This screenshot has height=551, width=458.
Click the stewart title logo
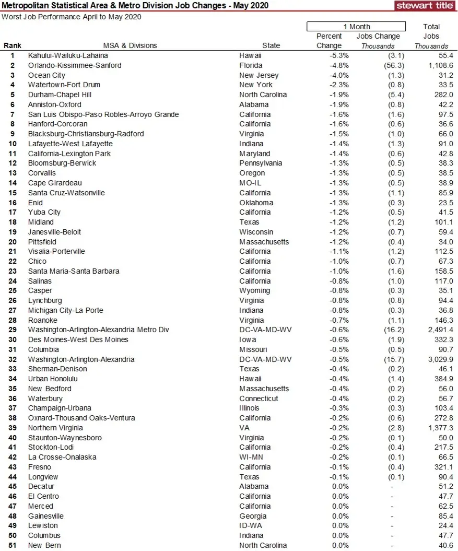[x=424, y=6]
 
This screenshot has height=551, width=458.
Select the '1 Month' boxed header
[x=356, y=27]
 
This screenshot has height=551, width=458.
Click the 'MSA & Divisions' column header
[x=130, y=45]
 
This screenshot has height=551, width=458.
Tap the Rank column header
[x=13, y=45]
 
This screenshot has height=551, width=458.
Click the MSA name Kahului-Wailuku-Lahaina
[x=68, y=55]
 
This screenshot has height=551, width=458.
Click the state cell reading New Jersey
[x=259, y=75]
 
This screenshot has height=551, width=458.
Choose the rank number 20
[x=13, y=242]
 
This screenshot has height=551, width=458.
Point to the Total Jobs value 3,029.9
[x=437, y=359]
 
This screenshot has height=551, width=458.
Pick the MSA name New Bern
[x=44, y=545]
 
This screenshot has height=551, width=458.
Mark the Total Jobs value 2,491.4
[x=437, y=330]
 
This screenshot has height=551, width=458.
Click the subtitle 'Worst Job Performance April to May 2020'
[x=72, y=17]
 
